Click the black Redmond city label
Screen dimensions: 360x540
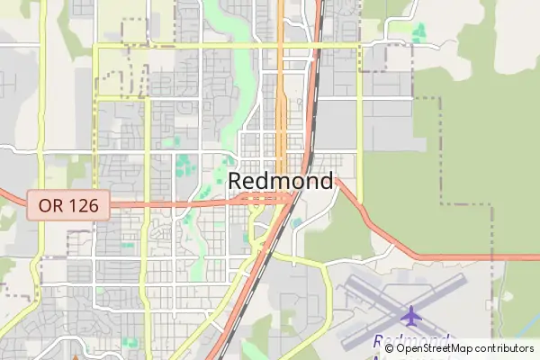coord(280,181)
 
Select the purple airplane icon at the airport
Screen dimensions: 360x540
coord(412,316)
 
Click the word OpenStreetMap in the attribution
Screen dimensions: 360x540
coord(439,348)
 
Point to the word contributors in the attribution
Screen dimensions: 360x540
coord(505,348)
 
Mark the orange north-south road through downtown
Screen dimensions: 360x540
coord(281,108)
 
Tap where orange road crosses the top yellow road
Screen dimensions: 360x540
coord(281,43)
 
